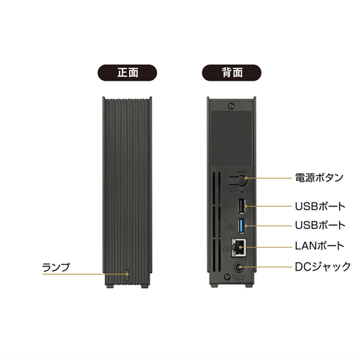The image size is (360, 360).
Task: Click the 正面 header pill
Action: tap(127, 73)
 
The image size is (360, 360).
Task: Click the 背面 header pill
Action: tap(232, 73)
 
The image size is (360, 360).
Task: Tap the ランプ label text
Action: tap(56, 267)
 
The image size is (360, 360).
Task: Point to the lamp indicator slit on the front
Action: tap(127, 276)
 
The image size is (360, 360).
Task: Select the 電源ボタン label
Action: tap(319, 178)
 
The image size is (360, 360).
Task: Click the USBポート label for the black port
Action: tap(320, 206)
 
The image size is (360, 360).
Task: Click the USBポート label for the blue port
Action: tap(320, 225)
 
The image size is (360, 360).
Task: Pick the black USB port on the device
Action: tap(242, 206)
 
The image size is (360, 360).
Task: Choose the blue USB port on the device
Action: tap(242, 226)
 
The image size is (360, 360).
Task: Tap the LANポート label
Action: tap(320, 246)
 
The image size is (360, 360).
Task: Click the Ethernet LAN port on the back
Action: tap(238, 248)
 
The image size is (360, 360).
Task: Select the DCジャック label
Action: tap(323, 266)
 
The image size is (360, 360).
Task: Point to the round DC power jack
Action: tap(239, 267)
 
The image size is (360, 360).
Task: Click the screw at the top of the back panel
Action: tap(231, 106)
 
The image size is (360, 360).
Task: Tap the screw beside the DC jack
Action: tap(227, 276)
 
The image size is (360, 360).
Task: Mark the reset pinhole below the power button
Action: tap(241, 192)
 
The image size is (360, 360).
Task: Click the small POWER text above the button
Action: tap(242, 172)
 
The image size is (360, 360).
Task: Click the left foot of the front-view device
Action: tap(110, 286)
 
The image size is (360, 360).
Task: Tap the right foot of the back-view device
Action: tap(249, 285)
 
